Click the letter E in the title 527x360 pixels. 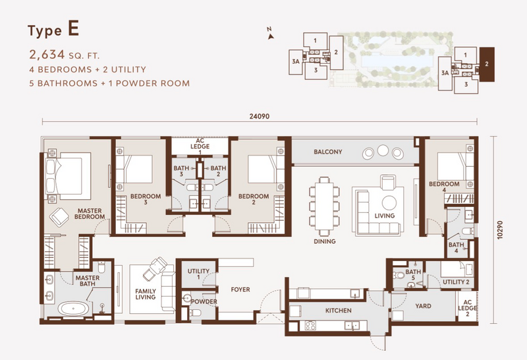click(74, 28)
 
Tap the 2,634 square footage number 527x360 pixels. click(47, 54)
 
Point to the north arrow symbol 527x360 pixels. click(270, 36)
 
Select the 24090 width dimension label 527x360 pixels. click(260, 117)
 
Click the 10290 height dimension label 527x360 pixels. click(501, 230)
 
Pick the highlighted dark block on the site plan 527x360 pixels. click(487, 64)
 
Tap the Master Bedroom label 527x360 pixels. click(90, 214)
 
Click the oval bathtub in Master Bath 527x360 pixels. click(74, 308)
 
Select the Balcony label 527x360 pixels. click(328, 152)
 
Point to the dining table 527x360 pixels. click(324, 206)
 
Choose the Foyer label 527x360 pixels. click(240, 289)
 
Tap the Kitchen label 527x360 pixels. click(339, 310)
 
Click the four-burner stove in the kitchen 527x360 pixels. click(310, 325)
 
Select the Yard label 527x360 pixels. click(423, 306)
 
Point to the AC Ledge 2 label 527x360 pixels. click(468, 308)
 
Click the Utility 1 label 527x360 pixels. click(198, 274)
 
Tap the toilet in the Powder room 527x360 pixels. click(194, 313)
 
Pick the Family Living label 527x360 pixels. click(146, 294)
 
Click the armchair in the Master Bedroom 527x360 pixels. click(59, 217)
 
